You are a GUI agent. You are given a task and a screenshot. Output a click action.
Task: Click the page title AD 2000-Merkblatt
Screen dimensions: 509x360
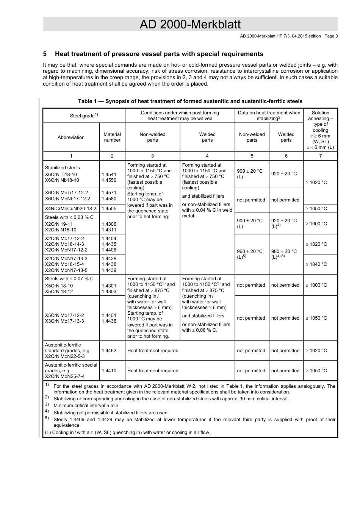click(190, 25)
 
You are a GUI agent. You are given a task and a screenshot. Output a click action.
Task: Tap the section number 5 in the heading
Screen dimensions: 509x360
click(45, 54)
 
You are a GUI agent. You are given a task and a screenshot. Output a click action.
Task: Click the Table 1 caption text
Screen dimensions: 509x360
click(190, 101)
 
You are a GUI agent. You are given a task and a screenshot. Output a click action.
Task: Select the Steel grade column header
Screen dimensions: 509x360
click(84, 116)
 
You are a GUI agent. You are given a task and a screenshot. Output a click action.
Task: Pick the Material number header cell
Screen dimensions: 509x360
click(112, 137)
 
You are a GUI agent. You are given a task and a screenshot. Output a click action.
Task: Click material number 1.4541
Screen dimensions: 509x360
click(109, 175)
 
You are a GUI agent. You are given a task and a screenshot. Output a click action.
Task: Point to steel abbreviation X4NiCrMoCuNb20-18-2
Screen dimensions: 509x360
click(70, 209)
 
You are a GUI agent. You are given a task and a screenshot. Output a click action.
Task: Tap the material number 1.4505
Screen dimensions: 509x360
click(109, 209)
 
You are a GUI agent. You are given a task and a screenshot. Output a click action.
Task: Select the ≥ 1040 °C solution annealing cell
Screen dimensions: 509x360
click(316, 264)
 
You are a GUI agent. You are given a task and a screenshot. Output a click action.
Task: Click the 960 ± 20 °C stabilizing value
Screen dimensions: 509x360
click(250, 251)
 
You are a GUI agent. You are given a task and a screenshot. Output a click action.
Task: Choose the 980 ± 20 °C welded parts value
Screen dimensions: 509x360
click(284, 251)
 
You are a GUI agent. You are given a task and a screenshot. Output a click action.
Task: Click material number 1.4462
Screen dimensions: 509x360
click(109, 351)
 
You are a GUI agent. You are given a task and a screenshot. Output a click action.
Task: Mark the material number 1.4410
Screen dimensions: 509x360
click(109, 371)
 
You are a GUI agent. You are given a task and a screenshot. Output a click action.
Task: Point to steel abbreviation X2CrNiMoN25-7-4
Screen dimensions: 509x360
click(65, 376)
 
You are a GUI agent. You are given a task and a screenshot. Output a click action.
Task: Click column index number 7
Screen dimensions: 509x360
click(320, 156)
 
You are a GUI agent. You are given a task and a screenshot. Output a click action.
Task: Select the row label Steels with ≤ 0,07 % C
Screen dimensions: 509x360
click(69, 279)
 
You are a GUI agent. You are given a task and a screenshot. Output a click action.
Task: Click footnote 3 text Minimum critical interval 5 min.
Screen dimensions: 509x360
click(86, 406)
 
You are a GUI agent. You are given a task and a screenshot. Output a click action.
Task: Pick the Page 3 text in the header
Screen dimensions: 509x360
click(331, 36)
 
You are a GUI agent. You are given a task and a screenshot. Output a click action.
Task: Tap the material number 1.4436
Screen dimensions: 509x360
click(109, 321)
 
